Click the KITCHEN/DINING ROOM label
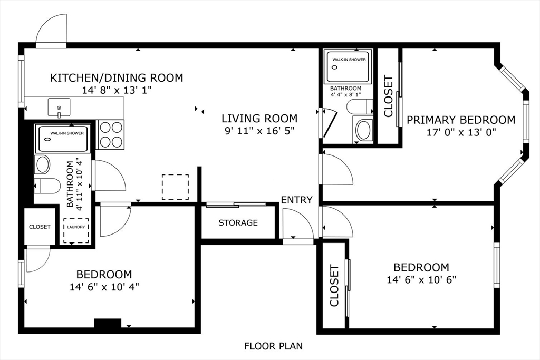(117, 78)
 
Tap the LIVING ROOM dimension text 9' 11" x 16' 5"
(259, 131)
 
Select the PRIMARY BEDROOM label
(461, 120)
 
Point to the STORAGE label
(238, 222)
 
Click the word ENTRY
(297, 200)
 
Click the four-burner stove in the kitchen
(111, 134)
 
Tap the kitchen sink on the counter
(59, 108)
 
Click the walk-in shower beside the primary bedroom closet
(348, 67)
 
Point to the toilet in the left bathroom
(46, 186)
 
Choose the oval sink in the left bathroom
(42, 164)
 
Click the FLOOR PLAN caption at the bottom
(274, 346)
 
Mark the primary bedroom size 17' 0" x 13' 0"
(461, 132)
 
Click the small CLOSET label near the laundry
(40, 227)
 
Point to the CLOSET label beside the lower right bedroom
(334, 285)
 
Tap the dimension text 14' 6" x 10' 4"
(104, 287)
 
